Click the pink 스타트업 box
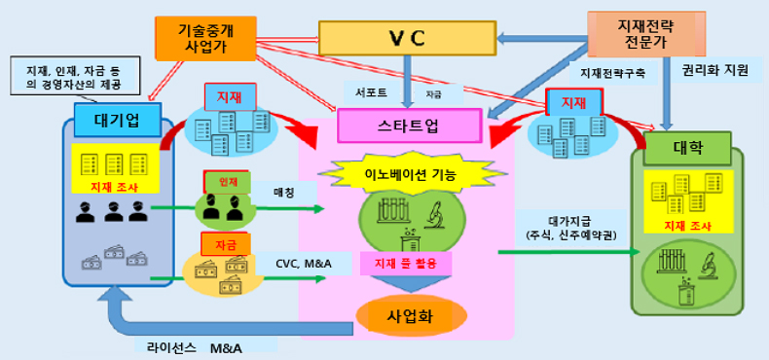[410, 126]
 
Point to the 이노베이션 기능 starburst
[409, 172]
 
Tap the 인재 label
[226, 181]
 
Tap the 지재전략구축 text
[612, 73]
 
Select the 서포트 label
[366, 92]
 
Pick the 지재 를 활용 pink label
[408, 262]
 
